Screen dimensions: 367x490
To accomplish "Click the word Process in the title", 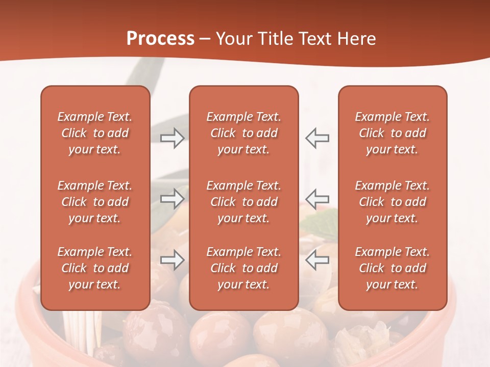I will (x=160, y=39).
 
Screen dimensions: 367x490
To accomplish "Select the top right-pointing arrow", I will (x=172, y=138).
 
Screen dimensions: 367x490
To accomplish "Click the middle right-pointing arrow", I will (x=172, y=198).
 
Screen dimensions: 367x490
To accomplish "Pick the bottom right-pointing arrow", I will (x=172, y=260).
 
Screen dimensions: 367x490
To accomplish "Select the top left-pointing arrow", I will (x=317, y=138).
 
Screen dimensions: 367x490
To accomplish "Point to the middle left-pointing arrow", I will (x=317, y=198).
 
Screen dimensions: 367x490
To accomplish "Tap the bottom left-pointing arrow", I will (x=317, y=260).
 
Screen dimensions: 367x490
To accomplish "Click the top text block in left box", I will (x=95, y=133).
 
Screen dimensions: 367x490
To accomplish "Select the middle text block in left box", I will (x=95, y=202).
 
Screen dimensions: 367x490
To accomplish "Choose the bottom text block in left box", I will (x=95, y=268).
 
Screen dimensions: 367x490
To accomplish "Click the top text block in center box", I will (x=243, y=133).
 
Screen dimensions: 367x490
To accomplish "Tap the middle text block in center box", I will (x=243, y=202).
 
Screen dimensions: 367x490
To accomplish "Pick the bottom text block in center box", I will (x=243, y=268).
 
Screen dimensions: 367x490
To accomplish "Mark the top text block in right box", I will (x=392, y=133).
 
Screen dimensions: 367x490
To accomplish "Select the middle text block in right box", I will (x=392, y=202).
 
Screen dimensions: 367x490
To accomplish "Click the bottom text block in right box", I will (x=392, y=268).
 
